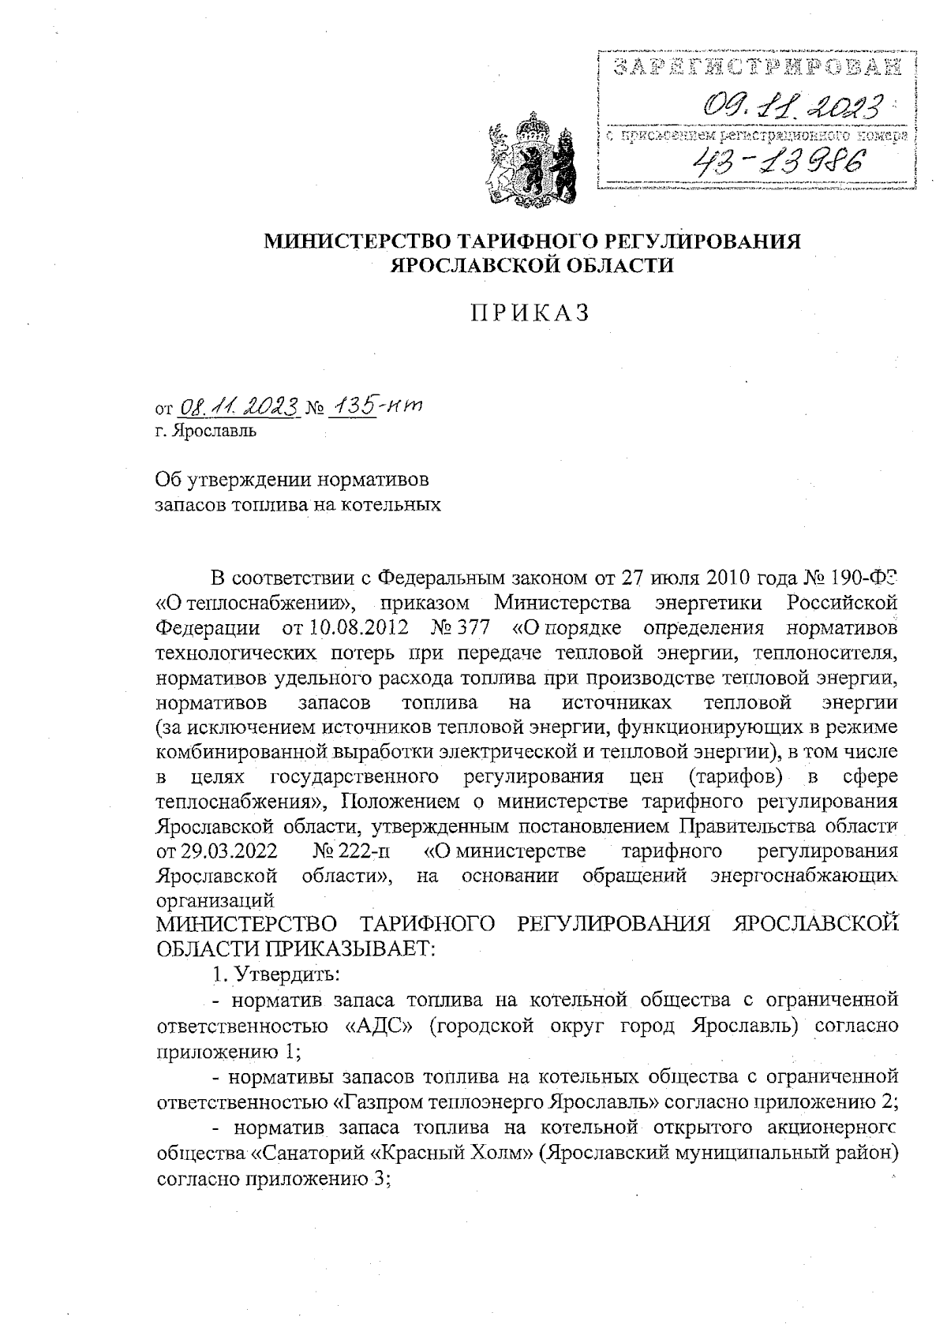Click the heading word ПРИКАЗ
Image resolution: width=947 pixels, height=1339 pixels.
click(x=530, y=313)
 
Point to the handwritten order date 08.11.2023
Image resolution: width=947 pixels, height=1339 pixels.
click(x=240, y=407)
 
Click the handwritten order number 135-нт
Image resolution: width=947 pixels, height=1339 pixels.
click(x=375, y=406)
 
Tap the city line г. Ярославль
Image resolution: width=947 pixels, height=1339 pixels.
click(x=205, y=432)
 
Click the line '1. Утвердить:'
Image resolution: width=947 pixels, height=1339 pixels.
click(x=275, y=974)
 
